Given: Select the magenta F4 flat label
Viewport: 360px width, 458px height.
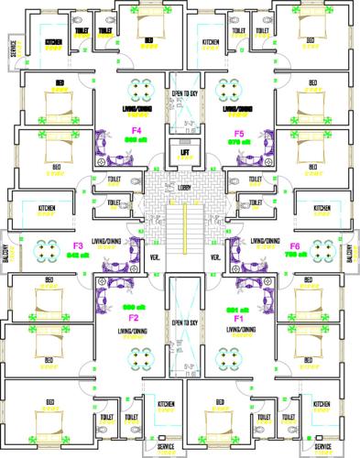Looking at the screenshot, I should (x=136, y=132).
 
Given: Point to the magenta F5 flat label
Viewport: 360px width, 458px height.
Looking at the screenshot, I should (x=239, y=134).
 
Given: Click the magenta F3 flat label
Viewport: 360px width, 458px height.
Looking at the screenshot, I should (x=78, y=246).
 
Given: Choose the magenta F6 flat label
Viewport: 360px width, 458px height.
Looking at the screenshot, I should (x=295, y=246).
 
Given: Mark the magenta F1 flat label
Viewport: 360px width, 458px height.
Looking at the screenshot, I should (x=238, y=317).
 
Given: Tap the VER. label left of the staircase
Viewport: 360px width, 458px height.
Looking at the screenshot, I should (x=154, y=257).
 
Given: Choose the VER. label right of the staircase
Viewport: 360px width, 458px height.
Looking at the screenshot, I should (x=216, y=257).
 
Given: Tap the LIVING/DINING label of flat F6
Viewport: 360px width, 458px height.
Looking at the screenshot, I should (x=265, y=241).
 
